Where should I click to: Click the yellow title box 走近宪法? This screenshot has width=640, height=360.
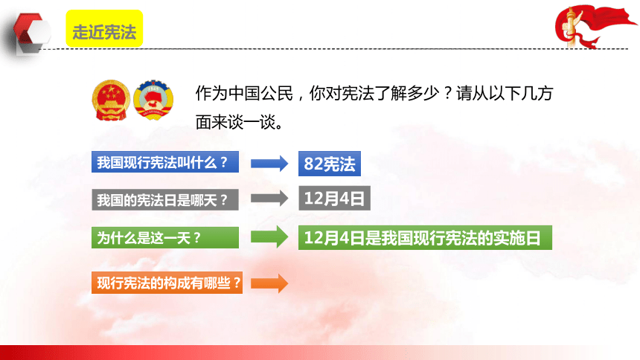coord(104,28)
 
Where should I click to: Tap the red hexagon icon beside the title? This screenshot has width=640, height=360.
coord(32,33)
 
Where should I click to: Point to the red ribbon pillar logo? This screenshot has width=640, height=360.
coord(595,27)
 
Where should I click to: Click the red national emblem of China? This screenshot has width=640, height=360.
coord(111,100)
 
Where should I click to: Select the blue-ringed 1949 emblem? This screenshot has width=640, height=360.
coord(153,100)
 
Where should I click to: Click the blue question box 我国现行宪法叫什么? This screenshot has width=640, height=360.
coord(165,162)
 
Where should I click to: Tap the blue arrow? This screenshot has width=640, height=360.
coord(269,164)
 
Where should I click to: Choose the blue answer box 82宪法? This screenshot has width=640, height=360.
coord(330,164)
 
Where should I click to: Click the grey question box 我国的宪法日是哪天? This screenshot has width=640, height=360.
coord(165,199)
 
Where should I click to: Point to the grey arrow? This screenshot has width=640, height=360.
coord(269,199)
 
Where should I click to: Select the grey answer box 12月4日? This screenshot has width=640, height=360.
coord(334,199)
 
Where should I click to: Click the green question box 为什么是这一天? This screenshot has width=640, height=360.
coord(165,237)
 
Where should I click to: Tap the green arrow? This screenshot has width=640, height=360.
coord(269,237)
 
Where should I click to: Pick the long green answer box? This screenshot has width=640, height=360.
coord(425,237)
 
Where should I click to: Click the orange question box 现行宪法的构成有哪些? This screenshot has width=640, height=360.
coord(167,283)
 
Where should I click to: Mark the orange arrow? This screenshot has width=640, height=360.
coord(269,283)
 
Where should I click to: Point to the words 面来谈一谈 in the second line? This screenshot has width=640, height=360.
coord(235,122)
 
